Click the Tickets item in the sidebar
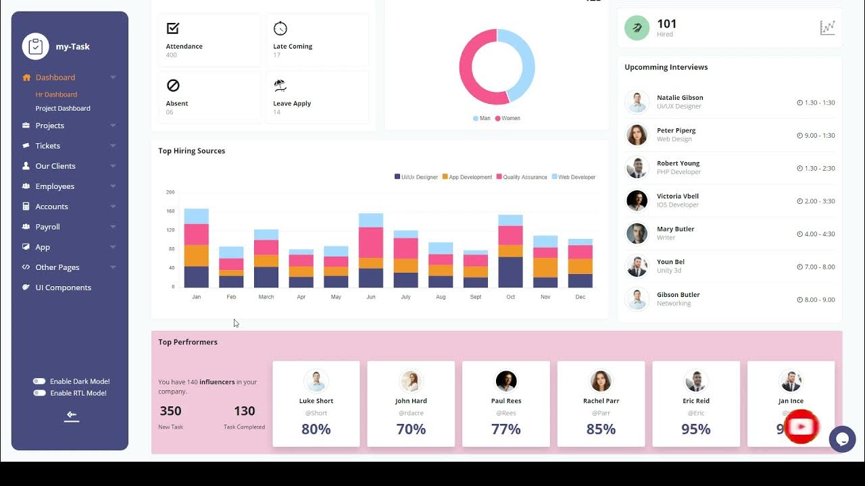click(47, 146)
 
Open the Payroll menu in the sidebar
click(47, 227)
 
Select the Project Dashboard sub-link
click(63, 108)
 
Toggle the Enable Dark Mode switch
click(39, 381)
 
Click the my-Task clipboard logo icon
click(35, 47)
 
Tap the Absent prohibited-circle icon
click(173, 86)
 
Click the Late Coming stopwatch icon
click(280, 28)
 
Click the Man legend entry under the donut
click(482, 118)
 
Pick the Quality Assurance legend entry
click(521, 177)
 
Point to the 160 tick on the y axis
click(170, 211)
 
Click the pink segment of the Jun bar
click(370, 242)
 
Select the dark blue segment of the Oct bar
click(510, 272)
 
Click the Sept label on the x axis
click(475, 297)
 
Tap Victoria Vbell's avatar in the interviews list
click(637, 200)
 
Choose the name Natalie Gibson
click(680, 98)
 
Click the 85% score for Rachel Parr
click(601, 429)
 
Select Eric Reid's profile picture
click(695, 381)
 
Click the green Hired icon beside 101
click(637, 28)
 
